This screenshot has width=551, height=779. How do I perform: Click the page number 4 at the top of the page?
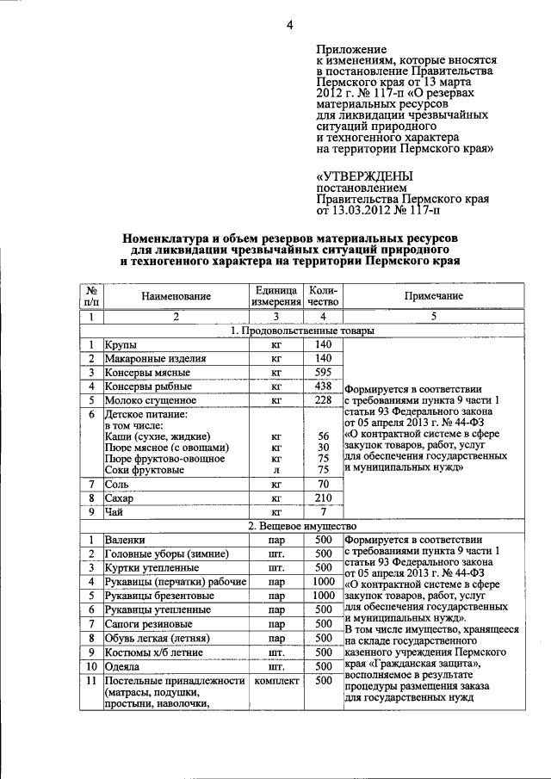(x=289, y=26)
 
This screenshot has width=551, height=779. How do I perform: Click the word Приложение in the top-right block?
(x=350, y=50)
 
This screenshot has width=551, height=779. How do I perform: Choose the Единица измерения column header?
(x=275, y=295)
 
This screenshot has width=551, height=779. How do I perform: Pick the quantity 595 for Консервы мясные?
(x=323, y=373)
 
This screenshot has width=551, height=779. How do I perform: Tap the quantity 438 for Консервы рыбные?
(x=323, y=386)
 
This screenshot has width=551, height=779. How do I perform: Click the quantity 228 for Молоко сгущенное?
(x=323, y=400)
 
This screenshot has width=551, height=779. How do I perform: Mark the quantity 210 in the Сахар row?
(x=323, y=498)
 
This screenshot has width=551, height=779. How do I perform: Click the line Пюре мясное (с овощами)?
(x=166, y=448)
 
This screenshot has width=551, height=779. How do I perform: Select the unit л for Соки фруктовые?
(x=275, y=470)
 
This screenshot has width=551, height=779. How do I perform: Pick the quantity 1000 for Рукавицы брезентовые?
(x=323, y=595)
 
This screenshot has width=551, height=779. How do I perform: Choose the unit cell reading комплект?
(x=275, y=681)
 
